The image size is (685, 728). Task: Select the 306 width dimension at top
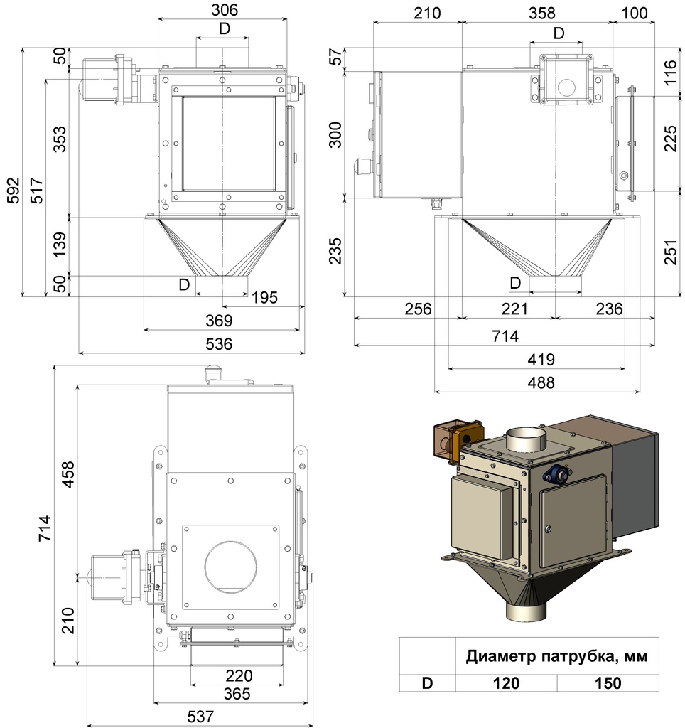(224, 9)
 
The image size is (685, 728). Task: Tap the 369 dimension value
(220, 321)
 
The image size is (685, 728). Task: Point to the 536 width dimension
(219, 344)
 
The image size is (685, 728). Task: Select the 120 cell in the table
(506, 683)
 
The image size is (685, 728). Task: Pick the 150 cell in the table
(608, 683)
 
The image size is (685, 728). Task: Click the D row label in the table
(427, 683)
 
